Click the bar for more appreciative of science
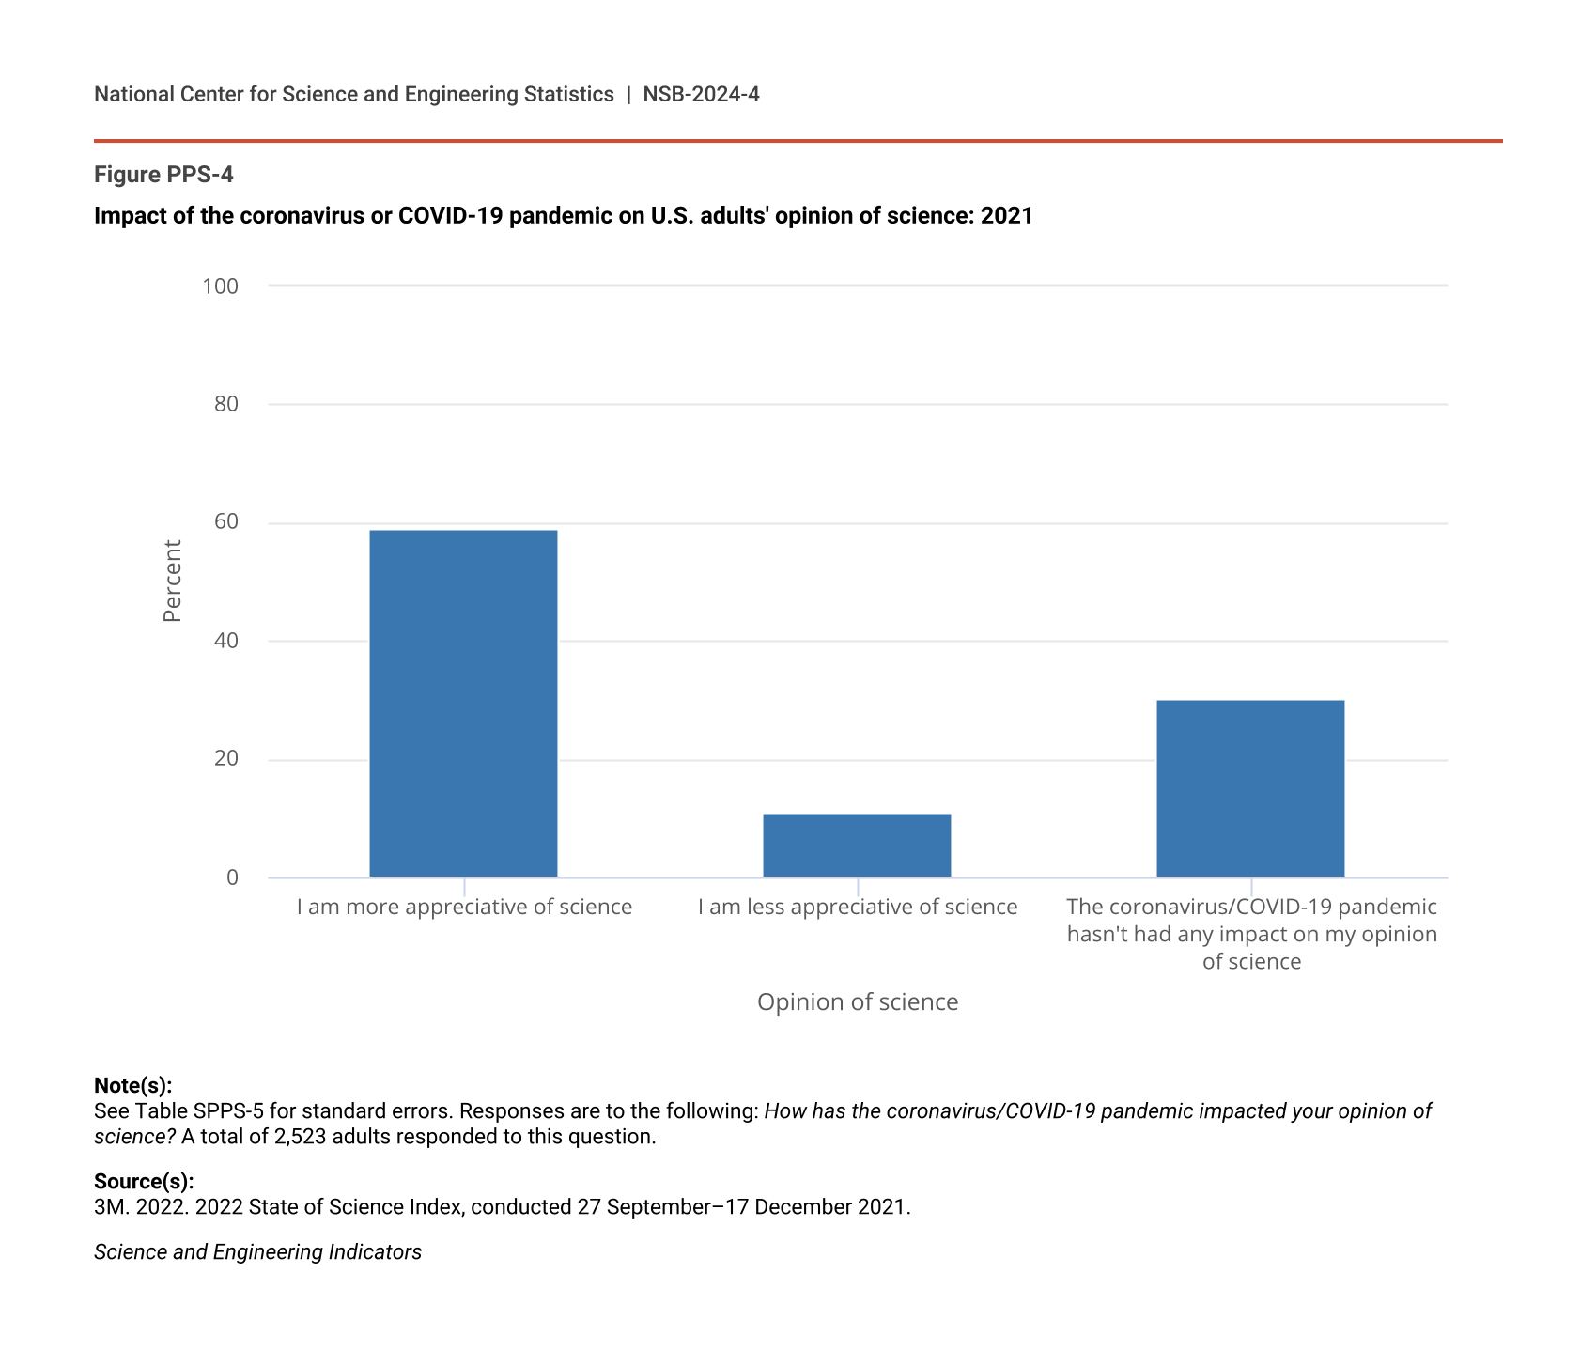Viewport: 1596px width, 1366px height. point(463,704)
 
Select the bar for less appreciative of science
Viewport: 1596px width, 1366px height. point(857,846)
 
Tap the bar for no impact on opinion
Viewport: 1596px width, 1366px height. point(1250,788)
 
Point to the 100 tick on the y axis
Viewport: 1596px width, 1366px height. point(221,286)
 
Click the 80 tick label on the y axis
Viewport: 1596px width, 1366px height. point(226,404)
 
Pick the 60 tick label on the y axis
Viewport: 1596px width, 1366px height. point(226,522)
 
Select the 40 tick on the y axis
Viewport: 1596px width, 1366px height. point(226,641)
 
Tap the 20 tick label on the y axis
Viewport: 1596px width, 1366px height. point(226,759)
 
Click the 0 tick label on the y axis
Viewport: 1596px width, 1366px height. point(232,877)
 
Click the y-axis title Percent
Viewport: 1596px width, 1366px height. point(172,581)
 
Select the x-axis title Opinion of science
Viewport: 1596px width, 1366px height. point(858,1002)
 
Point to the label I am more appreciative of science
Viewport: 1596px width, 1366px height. point(464,908)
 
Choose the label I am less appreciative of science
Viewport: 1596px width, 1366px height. point(858,908)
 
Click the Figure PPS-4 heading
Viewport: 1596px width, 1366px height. point(163,175)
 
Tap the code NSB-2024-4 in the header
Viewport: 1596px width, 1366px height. point(701,95)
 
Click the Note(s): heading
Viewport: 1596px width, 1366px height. point(132,1086)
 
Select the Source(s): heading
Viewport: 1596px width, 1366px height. point(144,1182)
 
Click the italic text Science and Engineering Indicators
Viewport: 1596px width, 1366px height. point(257,1252)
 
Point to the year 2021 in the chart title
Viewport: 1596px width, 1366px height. point(1007,216)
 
